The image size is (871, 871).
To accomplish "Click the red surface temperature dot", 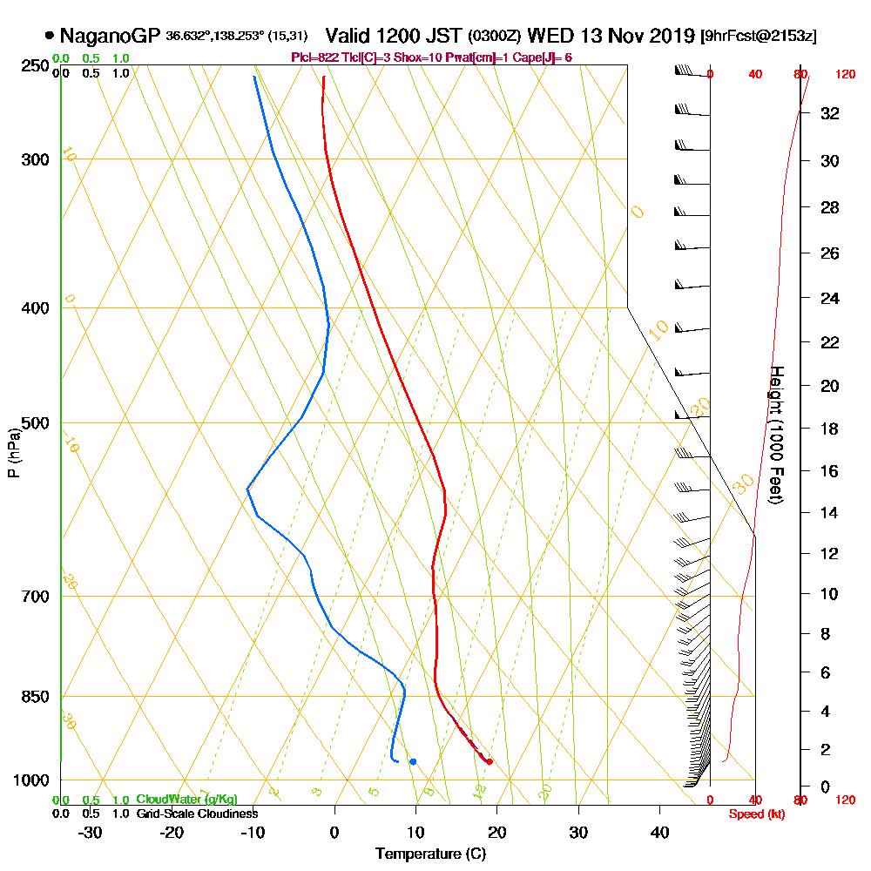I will pos(490,762).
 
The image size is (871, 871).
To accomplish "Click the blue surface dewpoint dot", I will pos(413,762).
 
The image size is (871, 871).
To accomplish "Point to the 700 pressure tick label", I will pos(37,597).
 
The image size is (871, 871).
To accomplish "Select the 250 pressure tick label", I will pos(37,66).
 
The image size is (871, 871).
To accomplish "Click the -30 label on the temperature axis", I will pos(91,833).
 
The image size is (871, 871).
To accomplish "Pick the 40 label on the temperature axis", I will pos(660,833).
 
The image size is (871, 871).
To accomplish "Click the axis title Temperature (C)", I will pos(430,854).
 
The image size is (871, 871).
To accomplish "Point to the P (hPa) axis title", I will pos(13,452).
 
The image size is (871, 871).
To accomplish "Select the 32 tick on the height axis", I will pos(830,113).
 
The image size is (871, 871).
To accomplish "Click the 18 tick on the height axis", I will pos(830,429).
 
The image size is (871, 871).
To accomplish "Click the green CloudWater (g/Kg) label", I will pos(186,800).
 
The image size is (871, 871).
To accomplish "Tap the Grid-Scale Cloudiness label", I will pos(196,814).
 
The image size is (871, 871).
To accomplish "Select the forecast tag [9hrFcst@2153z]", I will pos(758,37).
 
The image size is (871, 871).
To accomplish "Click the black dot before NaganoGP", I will pos(49,37).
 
